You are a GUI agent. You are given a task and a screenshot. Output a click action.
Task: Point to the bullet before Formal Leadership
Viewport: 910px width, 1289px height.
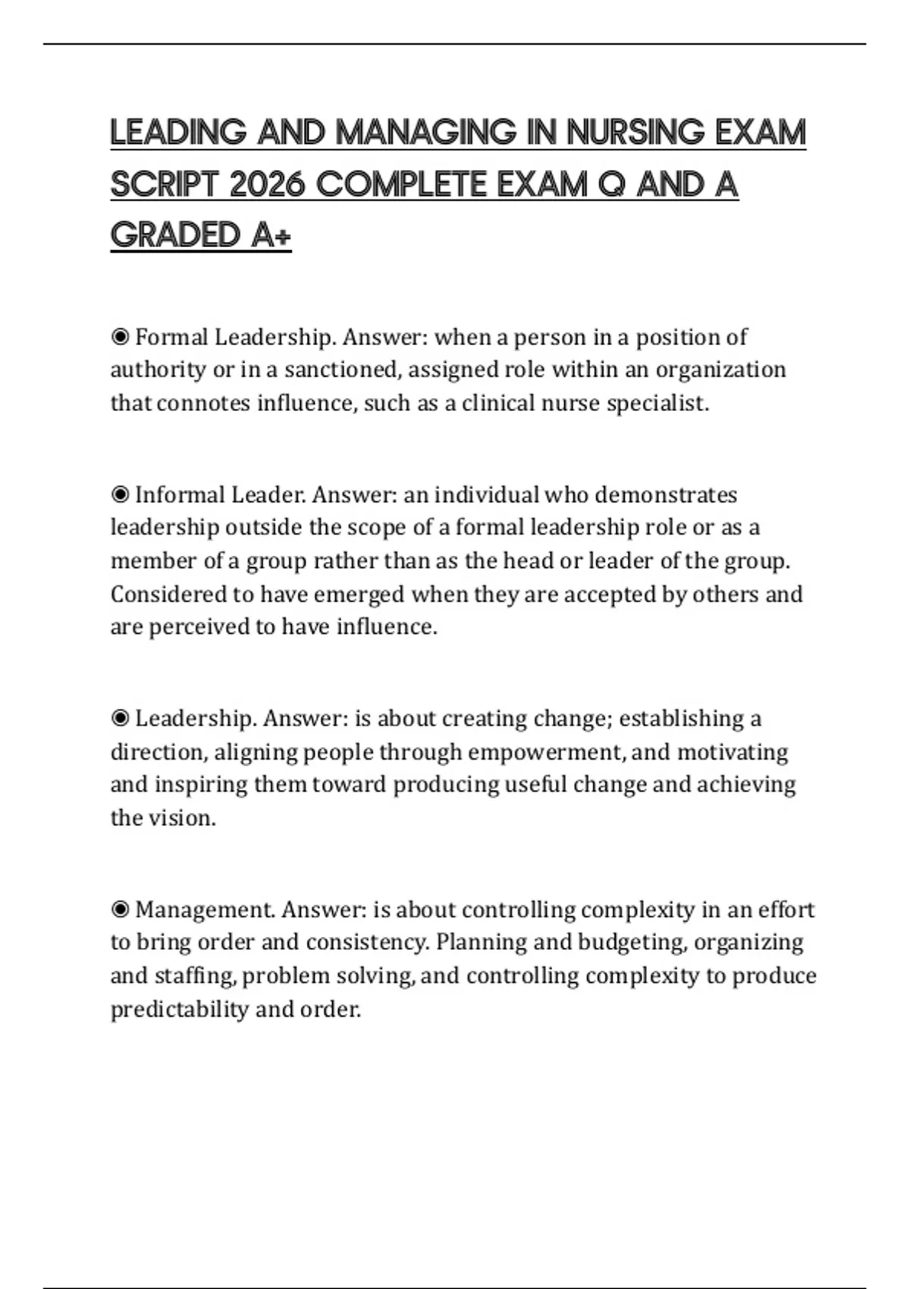[120, 337]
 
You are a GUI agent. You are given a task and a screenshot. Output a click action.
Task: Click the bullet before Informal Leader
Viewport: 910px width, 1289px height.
[120, 494]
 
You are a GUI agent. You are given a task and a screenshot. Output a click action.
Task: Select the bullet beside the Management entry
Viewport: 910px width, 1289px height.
[120, 909]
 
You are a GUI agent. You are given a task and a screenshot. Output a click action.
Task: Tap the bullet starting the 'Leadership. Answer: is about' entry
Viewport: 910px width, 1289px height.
[120, 718]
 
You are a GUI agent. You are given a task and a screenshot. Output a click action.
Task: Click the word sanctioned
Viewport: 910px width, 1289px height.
[342, 369]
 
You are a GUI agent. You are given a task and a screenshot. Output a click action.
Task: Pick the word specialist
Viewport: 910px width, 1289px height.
[657, 403]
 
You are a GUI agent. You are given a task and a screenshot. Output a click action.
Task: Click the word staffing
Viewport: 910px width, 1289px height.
[195, 976]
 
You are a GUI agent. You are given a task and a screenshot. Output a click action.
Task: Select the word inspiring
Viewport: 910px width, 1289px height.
[201, 785]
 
